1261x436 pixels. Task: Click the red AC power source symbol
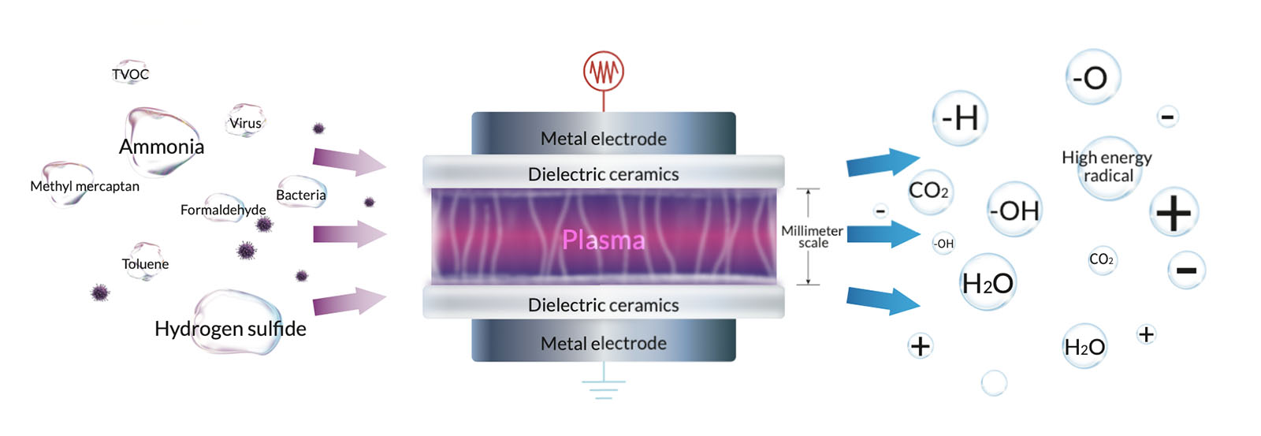coord(604,72)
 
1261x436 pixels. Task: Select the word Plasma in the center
coord(603,240)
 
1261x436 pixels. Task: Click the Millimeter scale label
coord(813,237)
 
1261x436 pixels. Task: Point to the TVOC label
coord(130,74)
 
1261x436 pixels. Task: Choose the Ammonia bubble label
coord(162,147)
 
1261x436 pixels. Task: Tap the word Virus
coord(245,123)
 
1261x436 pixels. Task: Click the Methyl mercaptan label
coord(84,186)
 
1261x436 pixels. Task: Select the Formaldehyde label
coord(223,210)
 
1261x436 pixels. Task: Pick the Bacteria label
coord(301,195)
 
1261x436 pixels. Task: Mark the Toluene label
coord(145,263)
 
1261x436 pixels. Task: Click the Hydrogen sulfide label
coord(230,328)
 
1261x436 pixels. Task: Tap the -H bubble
coord(959,118)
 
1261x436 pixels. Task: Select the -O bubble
coord(1092,77)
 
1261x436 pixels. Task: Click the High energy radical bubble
coord(1107,167)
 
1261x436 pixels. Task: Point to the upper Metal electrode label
coord(604,139)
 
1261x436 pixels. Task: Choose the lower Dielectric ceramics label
coord(604,305)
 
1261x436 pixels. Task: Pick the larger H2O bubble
coord(988,282)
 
